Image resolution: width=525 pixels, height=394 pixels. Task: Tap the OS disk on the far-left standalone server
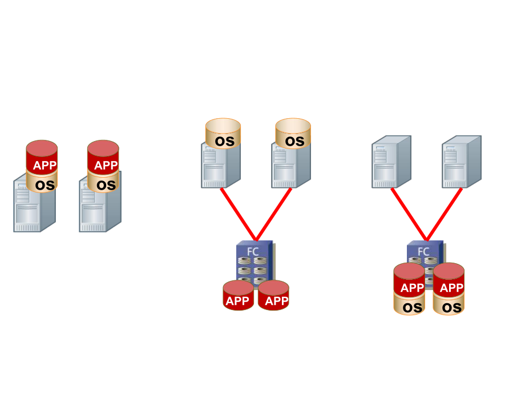[x=42, y=184]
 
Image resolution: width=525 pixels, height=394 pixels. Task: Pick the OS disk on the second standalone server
[x=104, y=184]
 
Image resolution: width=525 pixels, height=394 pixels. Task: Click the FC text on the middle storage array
[x=253, y=251]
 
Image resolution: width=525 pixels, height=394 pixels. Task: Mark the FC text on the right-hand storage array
[x=423, y=251]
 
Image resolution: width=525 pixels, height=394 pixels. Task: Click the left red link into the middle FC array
[x=238, y=214]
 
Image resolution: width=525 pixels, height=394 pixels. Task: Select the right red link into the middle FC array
[x=274, y=214]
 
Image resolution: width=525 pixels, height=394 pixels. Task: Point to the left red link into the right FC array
[x=409, y=214]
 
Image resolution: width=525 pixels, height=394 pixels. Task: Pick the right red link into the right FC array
[x=445, y=214]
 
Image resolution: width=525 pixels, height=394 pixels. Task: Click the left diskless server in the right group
[x=391, y=162]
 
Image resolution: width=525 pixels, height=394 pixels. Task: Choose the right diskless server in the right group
[x=461, y=162]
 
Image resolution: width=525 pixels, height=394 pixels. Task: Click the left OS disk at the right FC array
[x=409, y=307]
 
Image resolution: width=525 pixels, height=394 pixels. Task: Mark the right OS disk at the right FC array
[x=449, y=307]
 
